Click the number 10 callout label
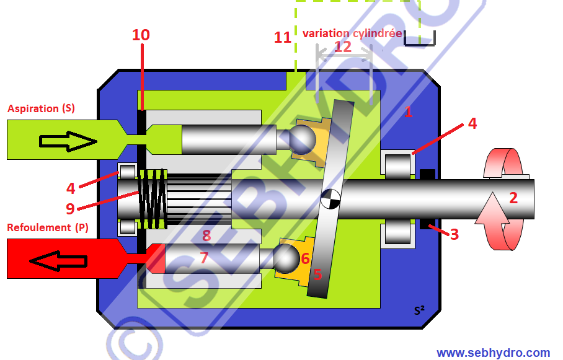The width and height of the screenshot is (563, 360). click(141, 35)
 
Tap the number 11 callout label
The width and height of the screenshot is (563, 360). click(283, 37)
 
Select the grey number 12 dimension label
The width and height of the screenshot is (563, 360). click(342, 46)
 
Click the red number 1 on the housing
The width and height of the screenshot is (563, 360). click(408, 112)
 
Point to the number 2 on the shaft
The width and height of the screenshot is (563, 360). click(513, 198)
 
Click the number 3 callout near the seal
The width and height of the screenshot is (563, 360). click(454, 234)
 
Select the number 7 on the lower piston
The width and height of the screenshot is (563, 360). click(205, 257)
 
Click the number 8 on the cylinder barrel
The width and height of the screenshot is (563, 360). click(206, 235)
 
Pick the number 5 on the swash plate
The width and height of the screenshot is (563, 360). click(317, 274)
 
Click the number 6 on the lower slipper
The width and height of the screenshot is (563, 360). click(305, 258)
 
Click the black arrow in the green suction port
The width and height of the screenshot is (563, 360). click(68, 141)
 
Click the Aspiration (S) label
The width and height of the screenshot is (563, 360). click(41, 108)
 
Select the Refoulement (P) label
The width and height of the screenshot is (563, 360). click(47, 227)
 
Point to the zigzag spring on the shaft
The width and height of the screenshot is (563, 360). click(152, 198)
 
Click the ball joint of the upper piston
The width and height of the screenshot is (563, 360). click(303, 139)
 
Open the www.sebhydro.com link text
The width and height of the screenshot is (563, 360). click(493, 353)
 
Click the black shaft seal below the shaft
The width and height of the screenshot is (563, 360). click(427, 224)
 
